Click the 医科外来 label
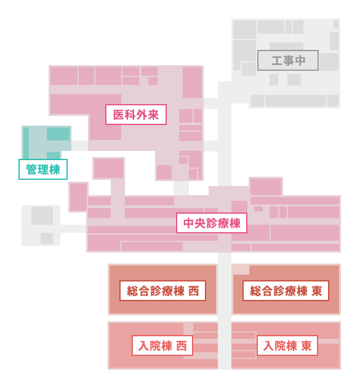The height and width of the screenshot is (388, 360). coord(136,115)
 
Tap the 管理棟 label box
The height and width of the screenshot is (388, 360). coord(43,169)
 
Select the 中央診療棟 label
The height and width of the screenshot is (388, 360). coord(212,223)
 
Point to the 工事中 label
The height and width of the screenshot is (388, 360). coord(288,60)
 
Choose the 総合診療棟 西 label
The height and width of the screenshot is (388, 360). coord(162,291)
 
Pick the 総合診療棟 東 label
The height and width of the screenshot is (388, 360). coord(286,291)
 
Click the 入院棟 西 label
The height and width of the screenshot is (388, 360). coord(162,346)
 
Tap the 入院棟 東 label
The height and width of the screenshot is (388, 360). coord(287,346)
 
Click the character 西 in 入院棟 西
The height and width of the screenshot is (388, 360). coord(182,346)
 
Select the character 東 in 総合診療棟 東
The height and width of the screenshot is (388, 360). coord(317,291)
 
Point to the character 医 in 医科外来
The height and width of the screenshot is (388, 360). coord(119,115)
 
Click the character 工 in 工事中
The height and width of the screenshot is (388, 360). coord(277,61)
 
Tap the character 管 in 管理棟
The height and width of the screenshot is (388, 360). coord(31,170)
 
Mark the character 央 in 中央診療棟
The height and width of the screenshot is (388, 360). coord(200,223)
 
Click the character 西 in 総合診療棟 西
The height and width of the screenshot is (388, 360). coord(194,291)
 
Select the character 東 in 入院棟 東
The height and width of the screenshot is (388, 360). coord(306,346)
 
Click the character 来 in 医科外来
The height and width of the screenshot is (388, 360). coord(153,115)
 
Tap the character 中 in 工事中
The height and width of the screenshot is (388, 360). coord(300,61)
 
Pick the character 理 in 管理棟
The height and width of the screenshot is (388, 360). coord(43,170)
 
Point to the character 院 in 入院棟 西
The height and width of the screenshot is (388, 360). coord(155,346)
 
